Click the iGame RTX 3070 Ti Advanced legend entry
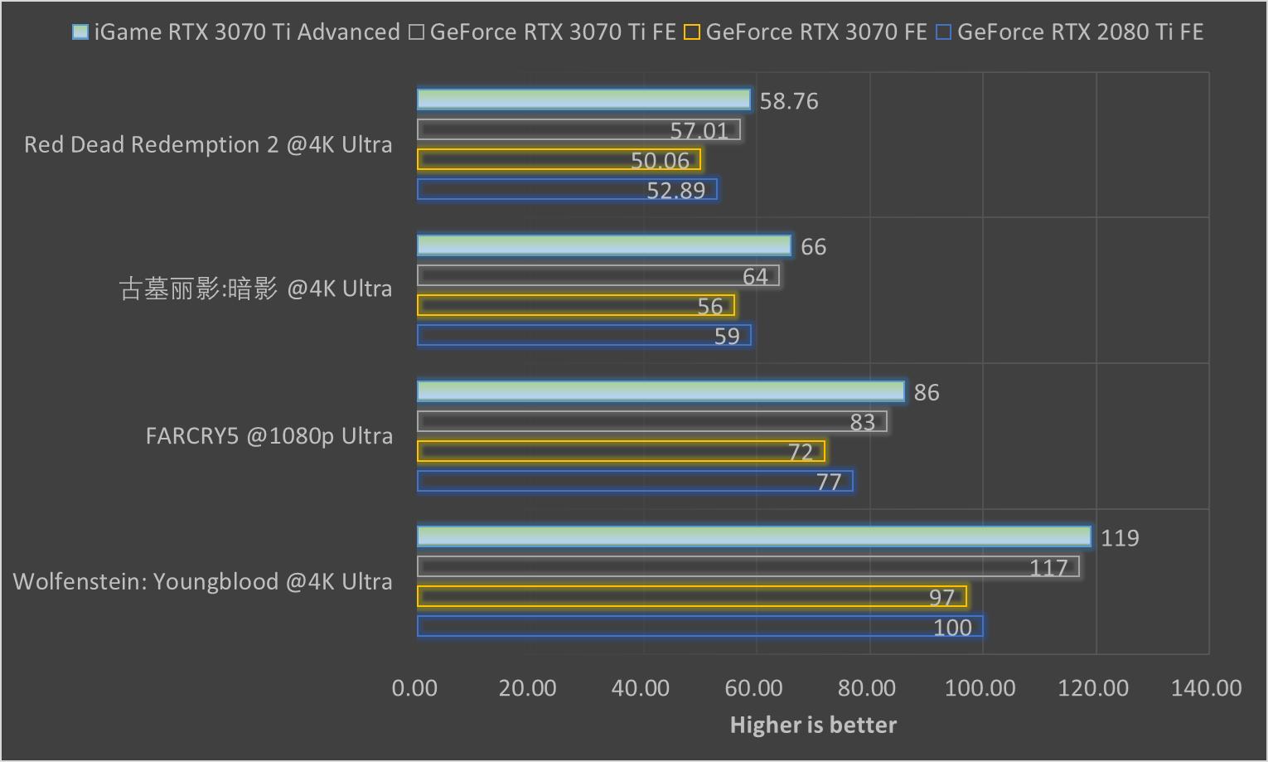tap(236, 32)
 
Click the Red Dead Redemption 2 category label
tap(208, 144)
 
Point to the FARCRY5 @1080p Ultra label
tap(269, 435)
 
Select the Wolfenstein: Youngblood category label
tap(202, 581)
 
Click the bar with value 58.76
tap(583, 99)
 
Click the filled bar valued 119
tap(753, 536)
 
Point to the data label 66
tap(813, 247)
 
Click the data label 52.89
tap(675, 191)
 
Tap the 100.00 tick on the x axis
tap(980, 687)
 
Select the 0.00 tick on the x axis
tap(414, 687)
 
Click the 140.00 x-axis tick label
tap(1206, 687)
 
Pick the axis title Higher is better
tap(813, 725)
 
